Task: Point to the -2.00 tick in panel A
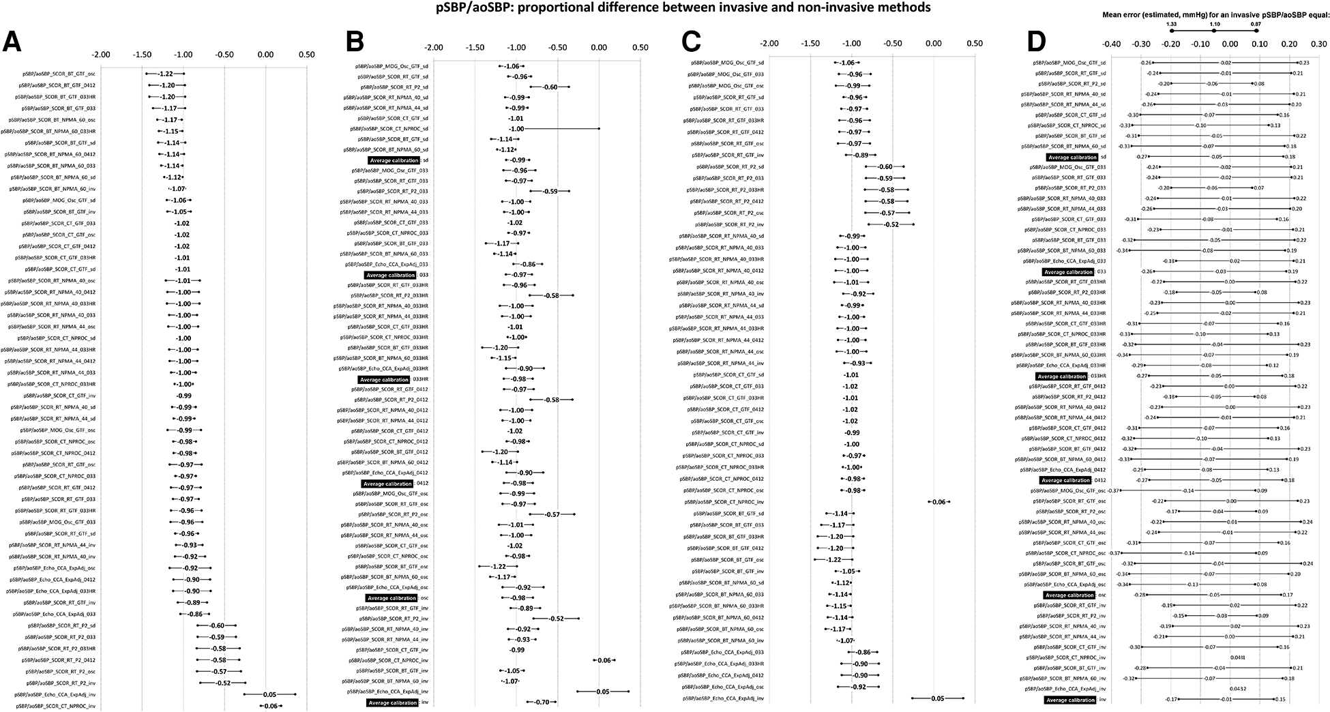(x=101, y=55)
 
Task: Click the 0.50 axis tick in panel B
(x=640, y=48)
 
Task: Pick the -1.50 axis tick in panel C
(x=810, y=43)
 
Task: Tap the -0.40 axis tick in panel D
(x=1111, y=44)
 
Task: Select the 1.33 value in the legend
(x=1171, y=24)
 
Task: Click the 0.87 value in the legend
(x=1256, y=24)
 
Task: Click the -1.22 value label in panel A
(x=166, y=74)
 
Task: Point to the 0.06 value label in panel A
(x=271, y=706)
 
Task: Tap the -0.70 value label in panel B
(x=542, y=702)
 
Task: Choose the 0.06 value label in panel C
(x=939, y=502)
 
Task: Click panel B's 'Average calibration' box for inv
(x=392, y=702)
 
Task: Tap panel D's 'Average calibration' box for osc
(x=1069, y=595)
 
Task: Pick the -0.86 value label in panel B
(x=528, y=264)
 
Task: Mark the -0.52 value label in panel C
(x=891, y=224)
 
